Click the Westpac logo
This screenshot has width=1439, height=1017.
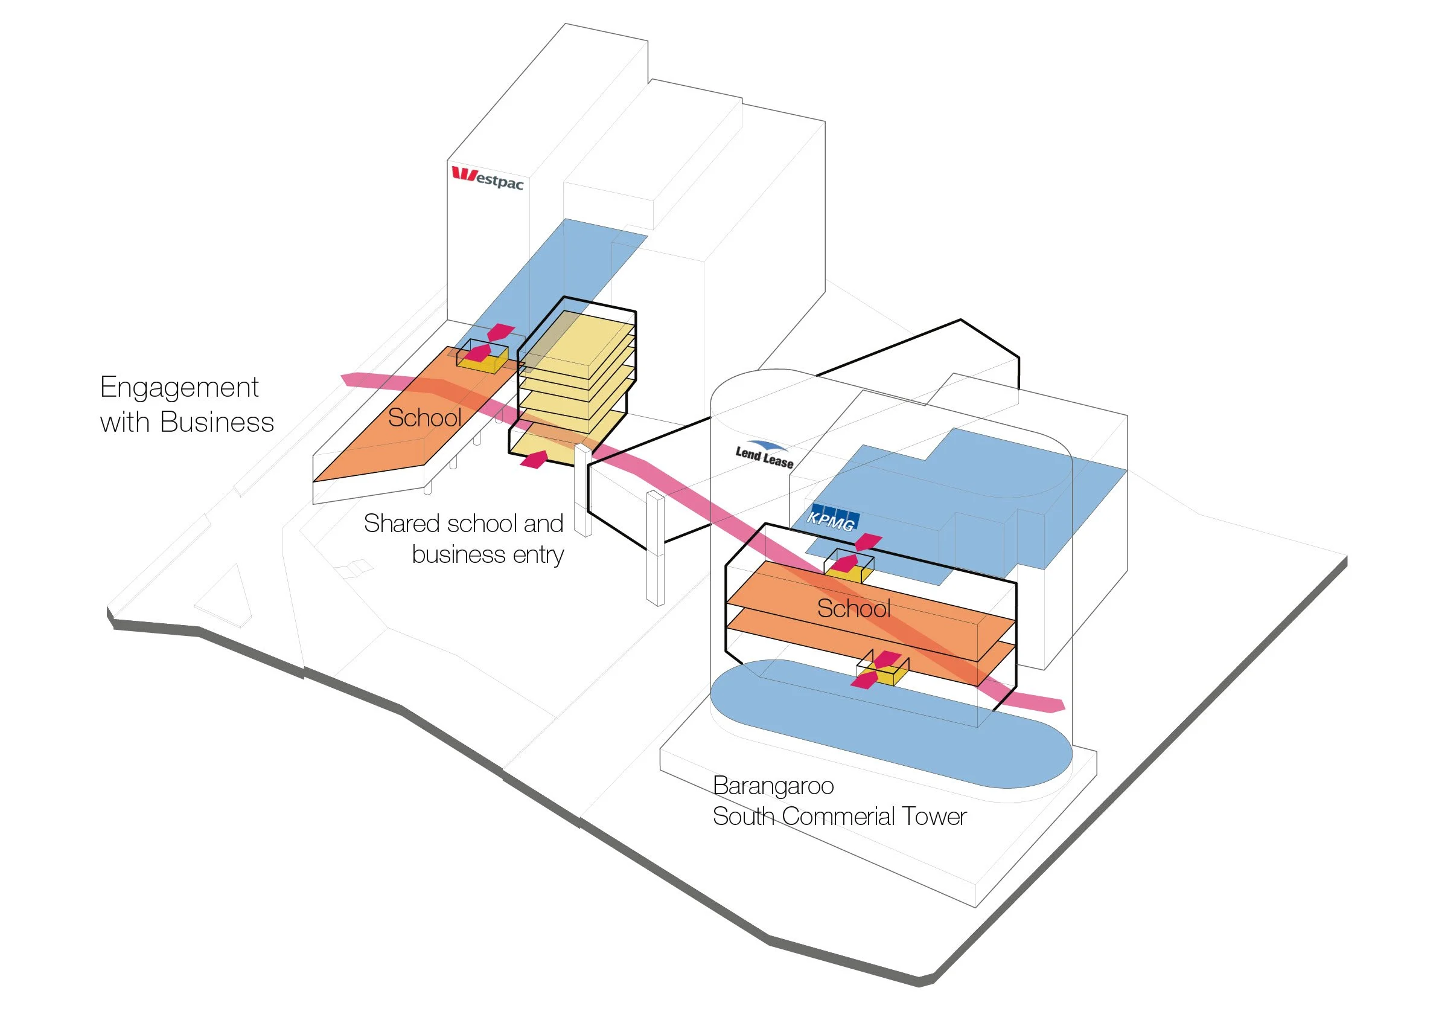point(488,178)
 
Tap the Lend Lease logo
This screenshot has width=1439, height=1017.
point(764,455)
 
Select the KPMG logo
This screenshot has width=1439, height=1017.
point(832,519)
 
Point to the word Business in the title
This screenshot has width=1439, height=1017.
point(217,423)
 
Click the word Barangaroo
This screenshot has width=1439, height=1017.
point(773,786)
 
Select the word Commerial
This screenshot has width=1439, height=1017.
point(839,817)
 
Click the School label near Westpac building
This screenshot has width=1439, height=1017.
point(424,418)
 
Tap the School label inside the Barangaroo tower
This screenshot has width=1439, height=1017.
point(854,609)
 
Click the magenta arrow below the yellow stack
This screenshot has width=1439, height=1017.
point(535,459)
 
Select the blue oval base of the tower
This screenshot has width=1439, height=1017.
point(890,727)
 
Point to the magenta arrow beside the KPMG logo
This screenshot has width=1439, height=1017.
point(868,541)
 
